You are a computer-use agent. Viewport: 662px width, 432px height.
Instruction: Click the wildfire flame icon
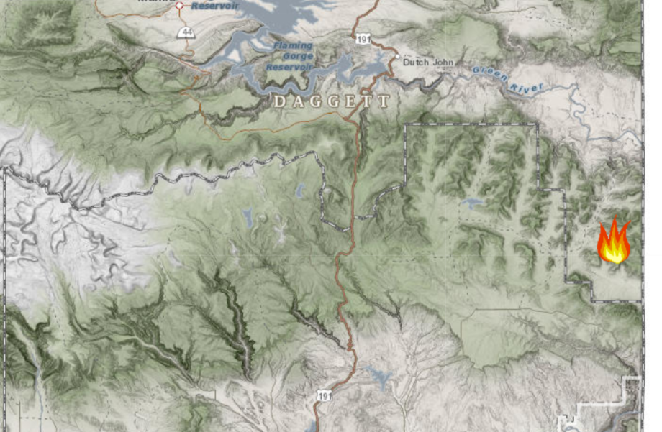click(614, 242)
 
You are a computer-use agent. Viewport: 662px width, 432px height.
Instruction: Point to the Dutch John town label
click(428, 63)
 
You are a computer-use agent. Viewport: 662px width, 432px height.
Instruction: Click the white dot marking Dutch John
click(396, 55)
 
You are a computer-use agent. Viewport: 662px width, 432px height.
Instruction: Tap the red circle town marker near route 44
click(180, 6)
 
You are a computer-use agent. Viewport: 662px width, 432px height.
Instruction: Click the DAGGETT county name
click(331, 102)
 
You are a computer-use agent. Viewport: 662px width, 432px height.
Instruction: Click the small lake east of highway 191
click(473, 203)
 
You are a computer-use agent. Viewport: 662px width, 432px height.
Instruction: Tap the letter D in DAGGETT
click(278, 102)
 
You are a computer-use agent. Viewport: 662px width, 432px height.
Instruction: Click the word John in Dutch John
click(443, 63)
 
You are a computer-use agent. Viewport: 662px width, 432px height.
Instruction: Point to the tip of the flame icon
click(616, 219)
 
